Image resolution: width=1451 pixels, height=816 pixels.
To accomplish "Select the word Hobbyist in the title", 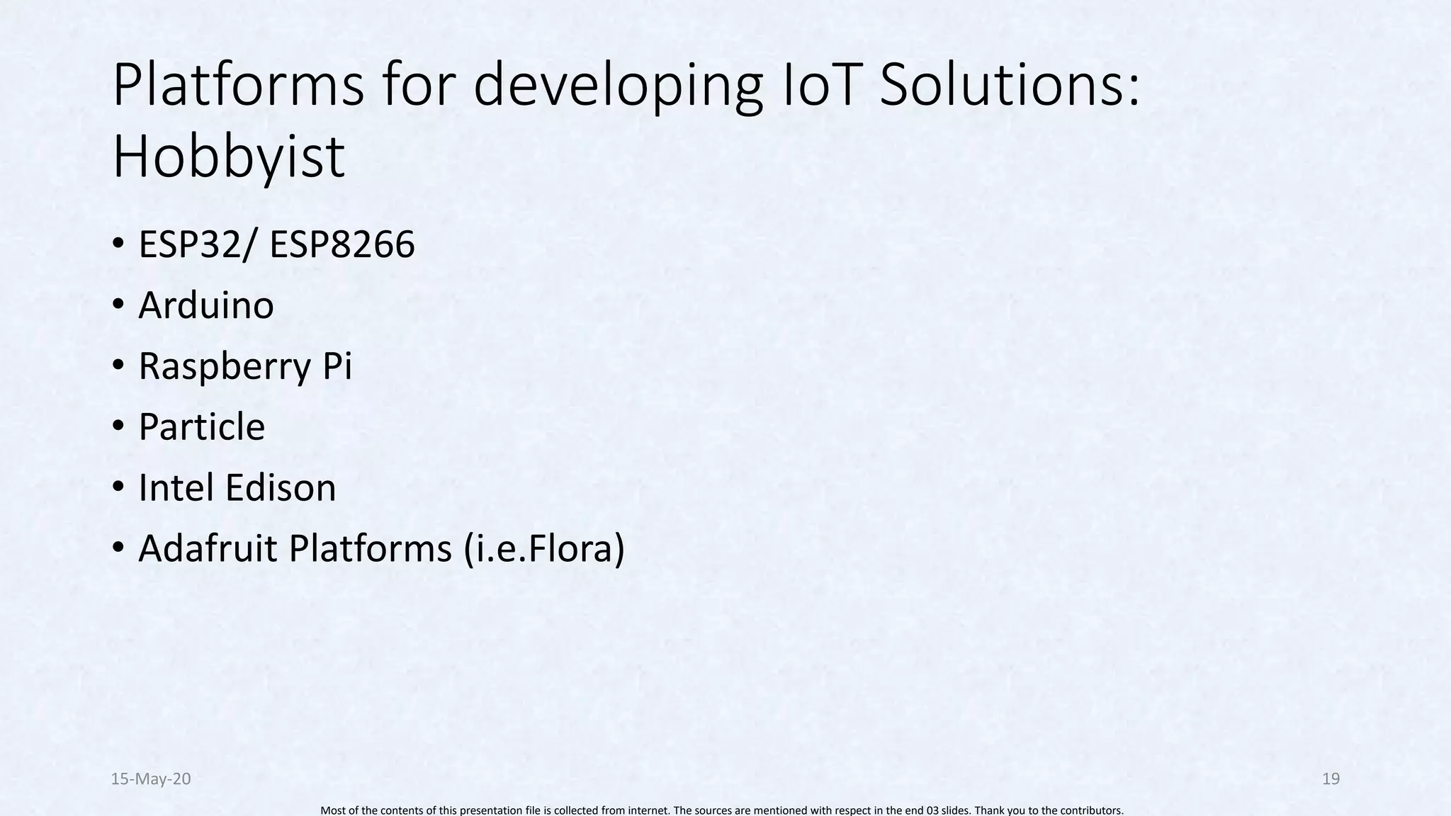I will click(x=228, y=157).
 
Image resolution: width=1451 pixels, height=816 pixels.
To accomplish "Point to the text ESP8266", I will click(x=342, y=244).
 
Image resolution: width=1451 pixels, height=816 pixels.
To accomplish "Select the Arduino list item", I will click(x=205, y=305).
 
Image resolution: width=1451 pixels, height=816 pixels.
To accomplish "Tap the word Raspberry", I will click(x=225, y=367).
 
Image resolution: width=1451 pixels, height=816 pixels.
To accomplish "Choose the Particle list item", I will click(x=201, y=427).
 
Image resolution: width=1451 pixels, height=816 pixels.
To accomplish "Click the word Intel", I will click(x=173, y=488).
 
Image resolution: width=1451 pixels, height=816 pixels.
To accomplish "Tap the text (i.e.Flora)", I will click(x=544, y=549).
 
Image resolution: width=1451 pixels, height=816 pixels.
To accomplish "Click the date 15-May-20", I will click(x=151, y=779).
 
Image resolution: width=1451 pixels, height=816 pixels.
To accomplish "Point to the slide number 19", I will click(x=1331, y=779).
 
